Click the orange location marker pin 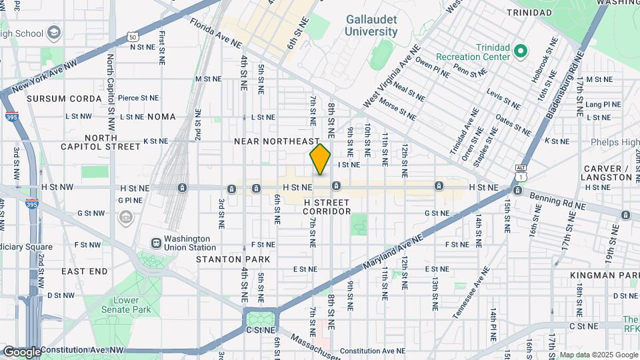point(320,159)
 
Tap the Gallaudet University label point(371,26)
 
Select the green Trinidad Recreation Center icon point(521,51)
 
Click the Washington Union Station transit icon point(155,243)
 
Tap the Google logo point(22,351)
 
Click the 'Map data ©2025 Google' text point(598,355)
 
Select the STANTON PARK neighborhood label point(233,259)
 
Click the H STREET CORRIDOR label point(327,207)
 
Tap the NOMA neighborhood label point(161,117)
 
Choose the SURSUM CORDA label point(56,99)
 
